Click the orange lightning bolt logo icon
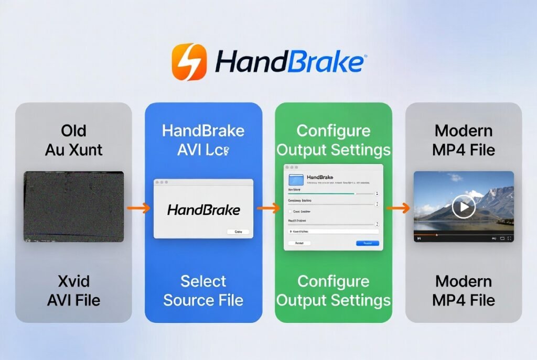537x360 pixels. coord(189,62)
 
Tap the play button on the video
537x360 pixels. coord(464,207)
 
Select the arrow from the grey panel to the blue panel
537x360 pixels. coord(138,208)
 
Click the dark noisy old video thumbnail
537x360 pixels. coord(74,206)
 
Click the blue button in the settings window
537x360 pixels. coord(367,243)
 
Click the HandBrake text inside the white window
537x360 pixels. coord(203,210)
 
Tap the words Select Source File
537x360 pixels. coord(203,291)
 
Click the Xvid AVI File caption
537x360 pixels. coord(73,291)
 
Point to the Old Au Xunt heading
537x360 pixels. coord(73,140)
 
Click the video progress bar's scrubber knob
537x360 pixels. coord(436,235)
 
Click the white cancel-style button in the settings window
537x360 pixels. coord(299,243)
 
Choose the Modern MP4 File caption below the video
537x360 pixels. coord(464,291)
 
